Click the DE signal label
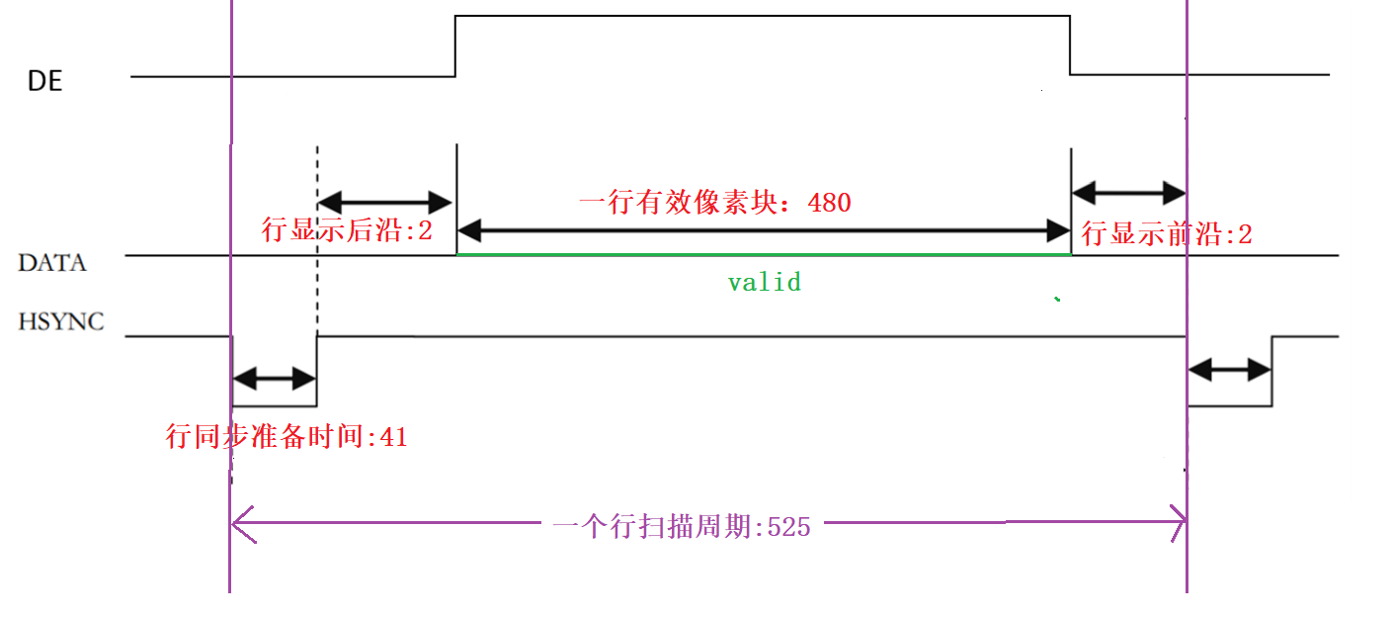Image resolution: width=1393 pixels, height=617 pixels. click(44, 82)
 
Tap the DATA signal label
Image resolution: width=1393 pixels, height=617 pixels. click(51, 263)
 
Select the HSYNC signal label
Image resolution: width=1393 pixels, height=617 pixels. click(60, 321)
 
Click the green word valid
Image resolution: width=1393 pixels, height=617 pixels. click(764, 283)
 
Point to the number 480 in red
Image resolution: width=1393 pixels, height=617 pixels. click(829, 203)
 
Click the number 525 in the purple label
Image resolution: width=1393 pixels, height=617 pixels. click(788, 527)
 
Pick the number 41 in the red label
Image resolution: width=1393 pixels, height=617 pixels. click(393, 437)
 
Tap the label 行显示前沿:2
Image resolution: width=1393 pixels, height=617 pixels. click(1167, 234)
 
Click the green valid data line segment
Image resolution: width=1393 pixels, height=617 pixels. click(764, 255)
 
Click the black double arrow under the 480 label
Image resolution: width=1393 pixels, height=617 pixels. click(764, 232)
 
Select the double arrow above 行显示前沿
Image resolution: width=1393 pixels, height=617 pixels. click(1128, 190)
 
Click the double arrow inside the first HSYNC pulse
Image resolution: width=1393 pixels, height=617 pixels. click(274, 378)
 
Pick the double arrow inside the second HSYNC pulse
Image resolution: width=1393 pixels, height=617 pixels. click(1229, 371)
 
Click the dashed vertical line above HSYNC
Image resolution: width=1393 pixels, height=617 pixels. click(317, 237)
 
